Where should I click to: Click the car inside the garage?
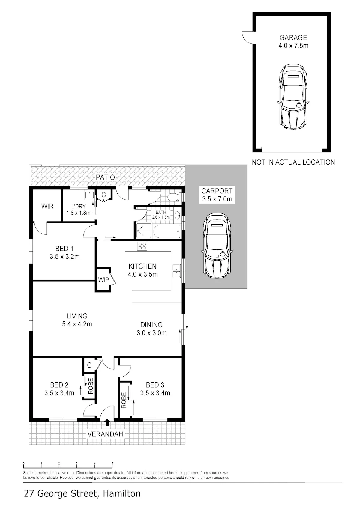click(x=293, y=97)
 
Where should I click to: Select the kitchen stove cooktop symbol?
click(x=142, y=246)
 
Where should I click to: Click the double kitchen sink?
click(x=176, y=271)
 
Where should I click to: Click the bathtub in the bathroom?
click(x=167, y=231)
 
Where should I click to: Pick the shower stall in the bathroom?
click(x=144, y=231)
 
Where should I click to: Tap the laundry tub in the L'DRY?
click(x=89, y=195)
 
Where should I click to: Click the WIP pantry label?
click(x=103, y=280)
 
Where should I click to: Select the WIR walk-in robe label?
click(x=47, y=206)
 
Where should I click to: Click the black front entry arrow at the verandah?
click(x=107, y=422)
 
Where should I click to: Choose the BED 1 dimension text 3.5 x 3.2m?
click(x=64, y=257)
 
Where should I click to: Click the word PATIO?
click(x=105, y=177)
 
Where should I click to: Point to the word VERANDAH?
click(x=105, y=434)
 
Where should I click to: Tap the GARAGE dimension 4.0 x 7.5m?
click(x=293, y=46)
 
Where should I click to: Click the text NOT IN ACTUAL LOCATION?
click(x=293, y=162)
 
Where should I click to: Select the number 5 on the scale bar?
click(x=112, y=463)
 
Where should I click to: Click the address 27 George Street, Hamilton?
click(x=82, y=493)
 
